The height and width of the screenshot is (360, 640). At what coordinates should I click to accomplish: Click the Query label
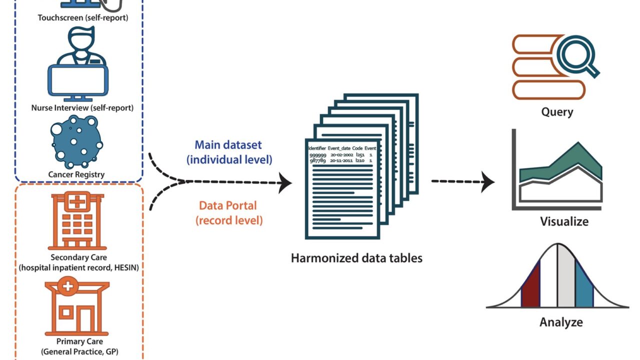[557, 111]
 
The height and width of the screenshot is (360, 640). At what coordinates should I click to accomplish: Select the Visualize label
[564, 221]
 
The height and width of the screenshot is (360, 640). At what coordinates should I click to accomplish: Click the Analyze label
[561, 322]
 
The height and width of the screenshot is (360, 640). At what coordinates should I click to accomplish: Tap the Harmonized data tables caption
[356, 258]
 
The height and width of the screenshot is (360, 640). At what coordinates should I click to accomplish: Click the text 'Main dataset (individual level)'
[229, 152]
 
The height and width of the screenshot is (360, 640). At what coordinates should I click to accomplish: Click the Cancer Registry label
[76, 174]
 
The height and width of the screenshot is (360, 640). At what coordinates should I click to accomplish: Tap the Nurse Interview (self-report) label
[82, 107]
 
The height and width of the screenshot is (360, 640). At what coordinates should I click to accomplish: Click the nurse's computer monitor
[76, 80]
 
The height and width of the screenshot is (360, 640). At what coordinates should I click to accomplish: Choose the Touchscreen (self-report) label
[82, 17]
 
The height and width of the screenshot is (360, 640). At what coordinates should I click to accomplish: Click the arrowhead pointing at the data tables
[286, 182]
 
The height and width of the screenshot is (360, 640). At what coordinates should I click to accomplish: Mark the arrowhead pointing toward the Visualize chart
[488, 182]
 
